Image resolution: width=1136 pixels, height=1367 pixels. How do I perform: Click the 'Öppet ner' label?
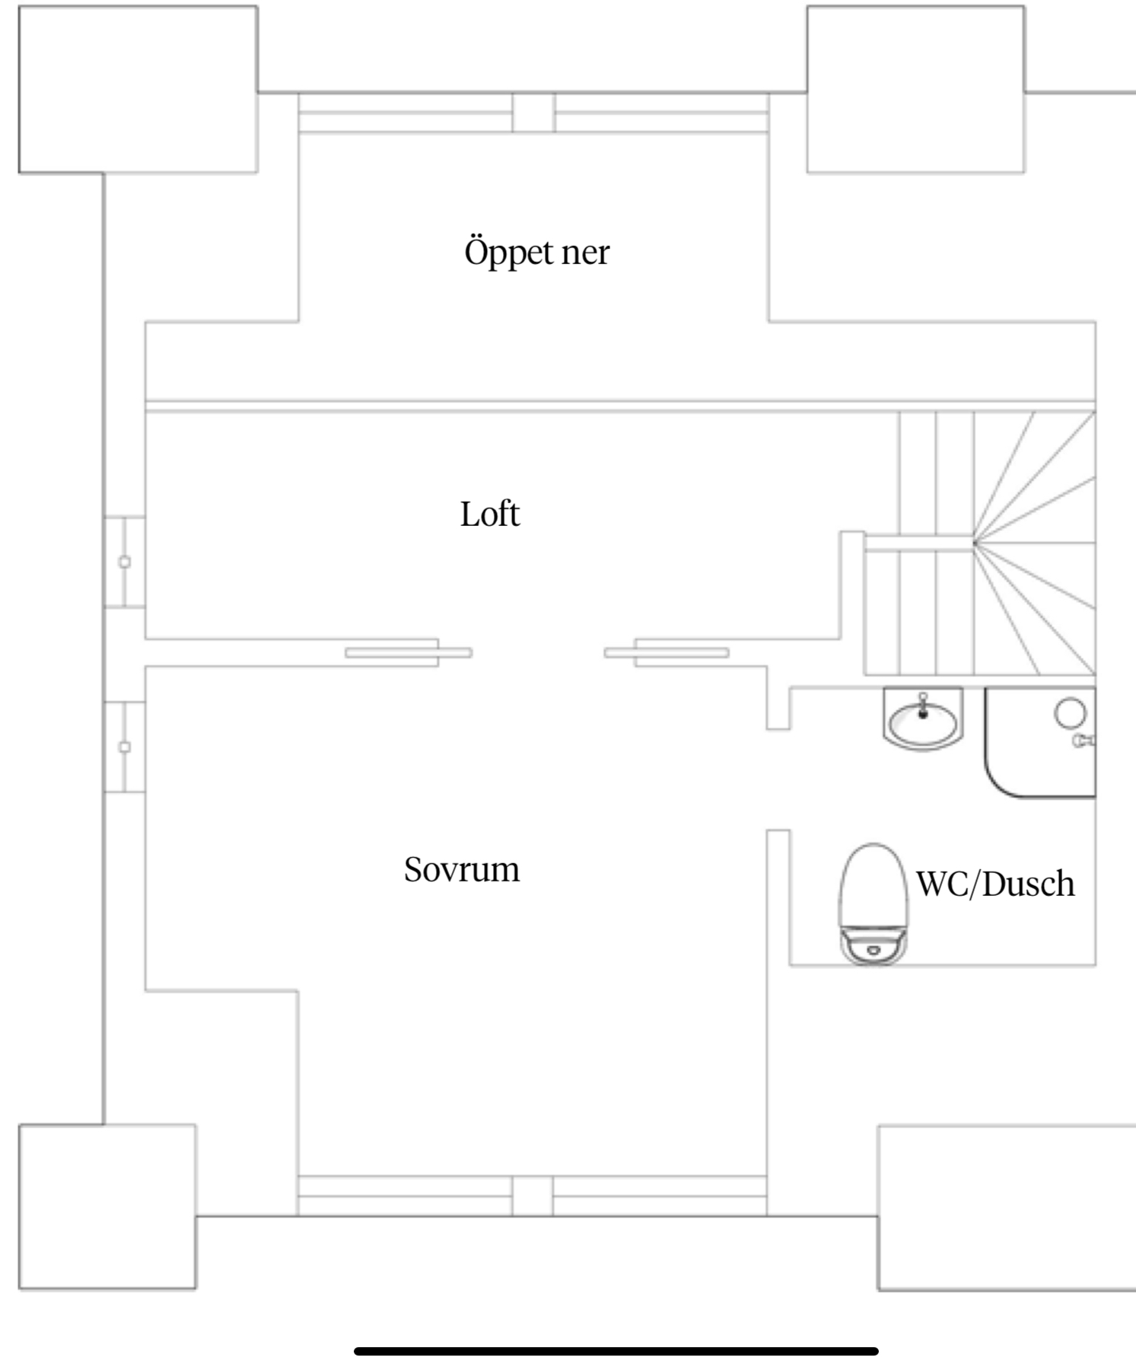point(536,252)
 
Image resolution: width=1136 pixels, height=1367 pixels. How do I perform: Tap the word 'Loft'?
point(489,515)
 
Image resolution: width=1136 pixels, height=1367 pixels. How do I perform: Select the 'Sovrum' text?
point(461,869)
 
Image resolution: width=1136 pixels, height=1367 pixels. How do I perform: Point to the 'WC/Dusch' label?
point(995,884)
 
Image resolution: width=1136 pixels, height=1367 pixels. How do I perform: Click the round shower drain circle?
point(1071,712)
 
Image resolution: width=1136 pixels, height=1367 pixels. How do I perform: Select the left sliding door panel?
point(409,652)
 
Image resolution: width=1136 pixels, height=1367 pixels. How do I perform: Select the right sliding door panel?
point(667,652)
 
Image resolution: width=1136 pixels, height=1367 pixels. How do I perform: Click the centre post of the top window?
point(533,113)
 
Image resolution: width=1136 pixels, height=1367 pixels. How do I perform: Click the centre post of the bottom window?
point(532,1195)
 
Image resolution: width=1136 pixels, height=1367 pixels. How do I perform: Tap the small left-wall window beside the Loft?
point(125,562)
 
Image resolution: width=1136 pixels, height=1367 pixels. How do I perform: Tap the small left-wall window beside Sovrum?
point(125,747)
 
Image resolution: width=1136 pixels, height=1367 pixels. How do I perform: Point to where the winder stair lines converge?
point(974,542)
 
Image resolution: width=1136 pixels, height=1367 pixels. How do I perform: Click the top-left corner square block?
point(137,89)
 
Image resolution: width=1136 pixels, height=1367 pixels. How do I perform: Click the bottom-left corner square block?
point(107,1206)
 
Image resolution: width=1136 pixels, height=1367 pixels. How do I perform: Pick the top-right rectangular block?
point(915,89)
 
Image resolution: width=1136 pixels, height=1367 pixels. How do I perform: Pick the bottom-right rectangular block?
point(1006,1207)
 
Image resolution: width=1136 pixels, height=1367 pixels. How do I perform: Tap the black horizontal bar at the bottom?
point(616,1351)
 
